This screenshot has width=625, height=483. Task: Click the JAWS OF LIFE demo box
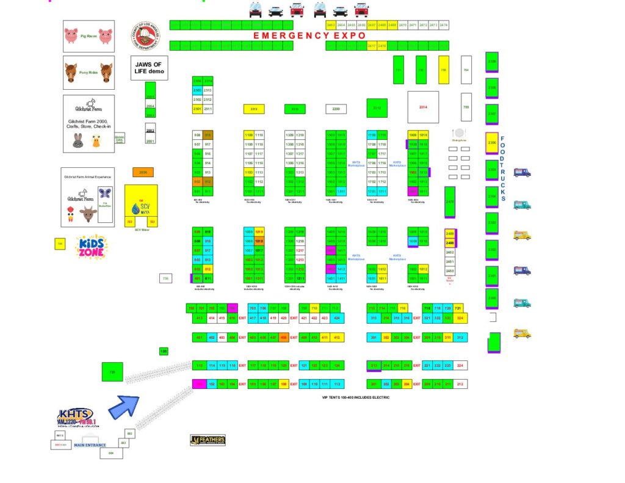(x=149, y=68)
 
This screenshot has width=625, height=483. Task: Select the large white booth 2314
(x=423, y=107)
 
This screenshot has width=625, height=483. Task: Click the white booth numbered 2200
(x=336, y=109)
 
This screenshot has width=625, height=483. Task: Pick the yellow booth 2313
(x=254, y=109)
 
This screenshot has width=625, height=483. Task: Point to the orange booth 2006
(x=143, y=173)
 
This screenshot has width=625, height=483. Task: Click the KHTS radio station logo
(x=77, y=418)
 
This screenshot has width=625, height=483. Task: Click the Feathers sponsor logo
(x=208, y=440)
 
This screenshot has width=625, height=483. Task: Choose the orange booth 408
(x=283, y=338)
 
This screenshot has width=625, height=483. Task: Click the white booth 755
(x=466, y=107)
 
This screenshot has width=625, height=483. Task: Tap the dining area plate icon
(x=459, y=133)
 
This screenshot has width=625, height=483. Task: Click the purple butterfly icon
(x=104, y=193)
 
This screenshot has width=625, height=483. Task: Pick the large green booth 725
(x=112, y=371)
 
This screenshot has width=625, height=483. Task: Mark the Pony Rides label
(x=89, y=73)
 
